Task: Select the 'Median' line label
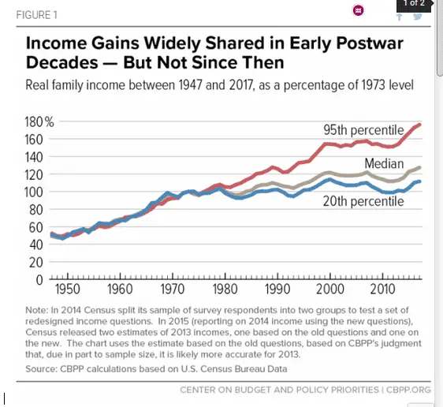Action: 384,163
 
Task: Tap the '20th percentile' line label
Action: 363,202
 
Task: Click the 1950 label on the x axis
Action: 66,289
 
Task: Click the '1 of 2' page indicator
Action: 414,5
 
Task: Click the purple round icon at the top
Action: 357,10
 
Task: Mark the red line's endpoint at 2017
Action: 420,125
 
